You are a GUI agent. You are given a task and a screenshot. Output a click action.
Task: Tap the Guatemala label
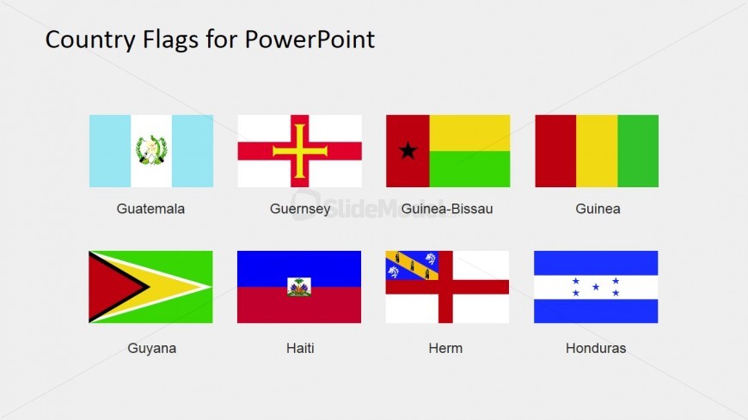[x=150, y=209]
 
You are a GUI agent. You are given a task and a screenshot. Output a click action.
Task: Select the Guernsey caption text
[x=300, y=209]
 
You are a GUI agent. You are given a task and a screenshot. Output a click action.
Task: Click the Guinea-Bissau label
[x=447, y=209]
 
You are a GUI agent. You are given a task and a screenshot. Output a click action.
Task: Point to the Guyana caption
[x=151, y=348]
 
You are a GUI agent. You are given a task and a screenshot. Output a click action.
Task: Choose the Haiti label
[x=300, y=348]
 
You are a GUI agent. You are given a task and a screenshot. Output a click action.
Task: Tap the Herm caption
[x=446, y=348]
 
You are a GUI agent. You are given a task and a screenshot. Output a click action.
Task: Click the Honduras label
[x=596, y=348]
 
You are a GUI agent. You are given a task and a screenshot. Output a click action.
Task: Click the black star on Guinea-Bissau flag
[x=408, y=151]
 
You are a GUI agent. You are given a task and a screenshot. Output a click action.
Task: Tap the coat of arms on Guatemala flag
[x=151, y=151]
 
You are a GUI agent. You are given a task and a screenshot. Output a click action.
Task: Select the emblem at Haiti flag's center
[x=299, y=287]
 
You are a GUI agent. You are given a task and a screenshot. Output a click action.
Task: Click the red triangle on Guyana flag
[x=110, y=287]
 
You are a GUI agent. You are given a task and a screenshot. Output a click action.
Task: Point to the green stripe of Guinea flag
[x=638, y=151]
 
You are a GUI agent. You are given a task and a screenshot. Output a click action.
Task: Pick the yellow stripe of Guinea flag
[x=597, y=151]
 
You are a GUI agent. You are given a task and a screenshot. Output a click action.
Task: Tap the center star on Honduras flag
[x=596, y=287]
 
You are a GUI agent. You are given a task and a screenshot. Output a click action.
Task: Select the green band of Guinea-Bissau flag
[x=469, y=169]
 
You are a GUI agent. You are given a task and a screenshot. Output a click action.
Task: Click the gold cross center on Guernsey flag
[x=300, y=151]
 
